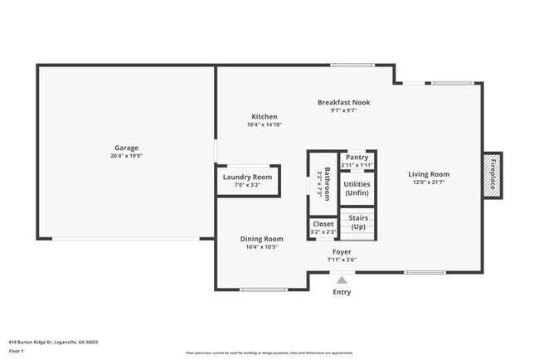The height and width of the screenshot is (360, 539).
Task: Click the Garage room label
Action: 126,148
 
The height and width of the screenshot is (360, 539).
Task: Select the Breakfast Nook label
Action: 343,102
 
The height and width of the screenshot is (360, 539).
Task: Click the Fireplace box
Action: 492,174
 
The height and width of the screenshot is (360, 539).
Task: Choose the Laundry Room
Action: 247,178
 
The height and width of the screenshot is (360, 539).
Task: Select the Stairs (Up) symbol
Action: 358,222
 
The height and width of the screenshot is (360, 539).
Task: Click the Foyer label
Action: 341,251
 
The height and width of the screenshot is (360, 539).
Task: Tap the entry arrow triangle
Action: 341,280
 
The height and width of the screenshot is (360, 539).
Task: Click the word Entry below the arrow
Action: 341,292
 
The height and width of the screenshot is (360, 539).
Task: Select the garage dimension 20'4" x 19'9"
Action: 126,156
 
